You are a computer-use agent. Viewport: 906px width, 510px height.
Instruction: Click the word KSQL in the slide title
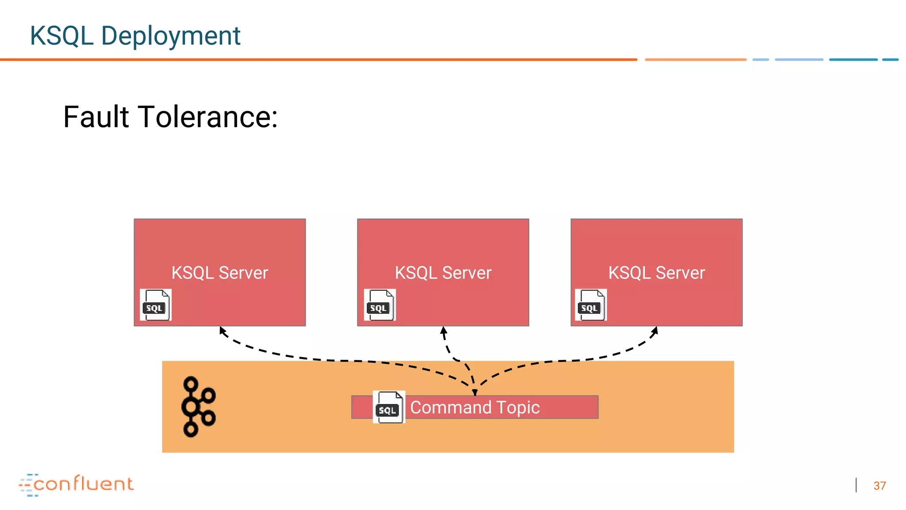(x=61, y=36)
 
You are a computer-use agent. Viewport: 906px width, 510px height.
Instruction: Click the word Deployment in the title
(x=170, y=36)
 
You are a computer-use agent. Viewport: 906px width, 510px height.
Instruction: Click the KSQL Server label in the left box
(x=219, y=273)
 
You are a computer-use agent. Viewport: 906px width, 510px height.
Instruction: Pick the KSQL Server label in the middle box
(x=443, y=273)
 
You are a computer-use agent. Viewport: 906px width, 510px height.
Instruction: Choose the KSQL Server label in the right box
(x=656, y=273)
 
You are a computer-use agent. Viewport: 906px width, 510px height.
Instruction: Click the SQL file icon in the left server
(x=155, y=305)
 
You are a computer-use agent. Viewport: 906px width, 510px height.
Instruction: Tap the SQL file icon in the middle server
(x=380, y=305)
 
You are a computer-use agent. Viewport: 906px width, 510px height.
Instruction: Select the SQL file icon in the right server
(x=591, y=305)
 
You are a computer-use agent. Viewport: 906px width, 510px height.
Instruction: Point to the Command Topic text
(x=475, y=407)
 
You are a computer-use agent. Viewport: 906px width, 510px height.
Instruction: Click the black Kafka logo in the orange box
(x=198, y=407)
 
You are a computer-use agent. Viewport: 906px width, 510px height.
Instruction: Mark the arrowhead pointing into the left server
(x=223, y=330)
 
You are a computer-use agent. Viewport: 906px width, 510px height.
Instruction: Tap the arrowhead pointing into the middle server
(x=443, y=330)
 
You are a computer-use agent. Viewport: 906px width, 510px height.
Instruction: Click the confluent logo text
(x=83, y=484)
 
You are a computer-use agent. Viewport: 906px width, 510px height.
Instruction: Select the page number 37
(x=879, y=486)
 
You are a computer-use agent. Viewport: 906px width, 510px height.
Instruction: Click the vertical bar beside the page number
(x=856, y=485)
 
